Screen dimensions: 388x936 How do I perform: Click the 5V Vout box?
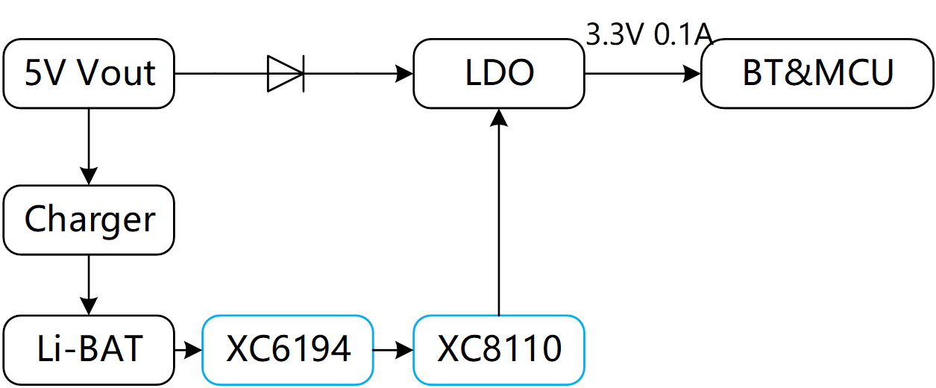(x=89, y=73)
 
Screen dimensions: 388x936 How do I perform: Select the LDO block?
(x=499, y=73)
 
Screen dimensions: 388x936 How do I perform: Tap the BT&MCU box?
(x=817, y=73)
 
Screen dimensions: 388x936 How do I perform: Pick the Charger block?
(x=89, y=219)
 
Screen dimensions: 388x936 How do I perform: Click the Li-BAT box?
(x=89, y=348)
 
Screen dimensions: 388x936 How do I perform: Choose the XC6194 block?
(x=288, y=348)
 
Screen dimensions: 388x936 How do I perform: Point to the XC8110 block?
(x=499, y=348)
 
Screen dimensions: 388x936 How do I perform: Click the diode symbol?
(x=286, y=74)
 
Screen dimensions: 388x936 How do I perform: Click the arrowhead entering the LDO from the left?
(x=405, y=74)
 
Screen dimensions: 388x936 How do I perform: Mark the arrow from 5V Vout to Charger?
(x=89, y=146)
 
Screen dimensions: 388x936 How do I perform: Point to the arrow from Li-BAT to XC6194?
(x=188, y=348)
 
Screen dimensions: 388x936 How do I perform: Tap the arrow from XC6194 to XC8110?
(x=393, y=348)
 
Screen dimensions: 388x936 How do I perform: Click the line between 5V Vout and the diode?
(x=221, y=74)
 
